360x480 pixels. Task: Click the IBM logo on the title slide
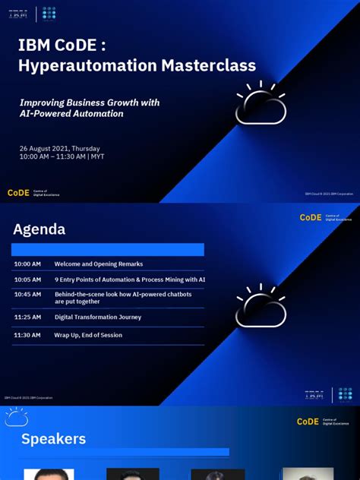tap(18, 13)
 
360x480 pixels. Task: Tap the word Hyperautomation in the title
tap(73, 66)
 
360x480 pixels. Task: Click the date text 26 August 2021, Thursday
tap(59, 148)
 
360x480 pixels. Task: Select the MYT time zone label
tap(98, 156)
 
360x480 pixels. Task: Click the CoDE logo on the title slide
tap(18, 193)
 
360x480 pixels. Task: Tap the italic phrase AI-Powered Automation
tap(71, 113)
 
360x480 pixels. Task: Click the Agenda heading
tap(39, 229)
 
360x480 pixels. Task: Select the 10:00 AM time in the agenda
tap(27, 264)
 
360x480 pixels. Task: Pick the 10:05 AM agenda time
tap(27, 279)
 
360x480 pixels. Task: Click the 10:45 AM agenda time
tap(27, 294)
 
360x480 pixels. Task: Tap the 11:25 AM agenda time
tap(27, 317)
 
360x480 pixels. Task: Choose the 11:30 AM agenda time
tap(27, 335)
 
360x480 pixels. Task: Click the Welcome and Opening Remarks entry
tap(99, 264)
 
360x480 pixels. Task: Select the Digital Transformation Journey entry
tap(98, 317)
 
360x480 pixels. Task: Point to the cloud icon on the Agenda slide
tap(261, 308)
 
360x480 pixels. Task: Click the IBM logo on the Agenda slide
tap(314, 395)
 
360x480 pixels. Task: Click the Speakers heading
tap(53, 439)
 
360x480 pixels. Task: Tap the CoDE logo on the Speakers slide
tap(308, 422)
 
